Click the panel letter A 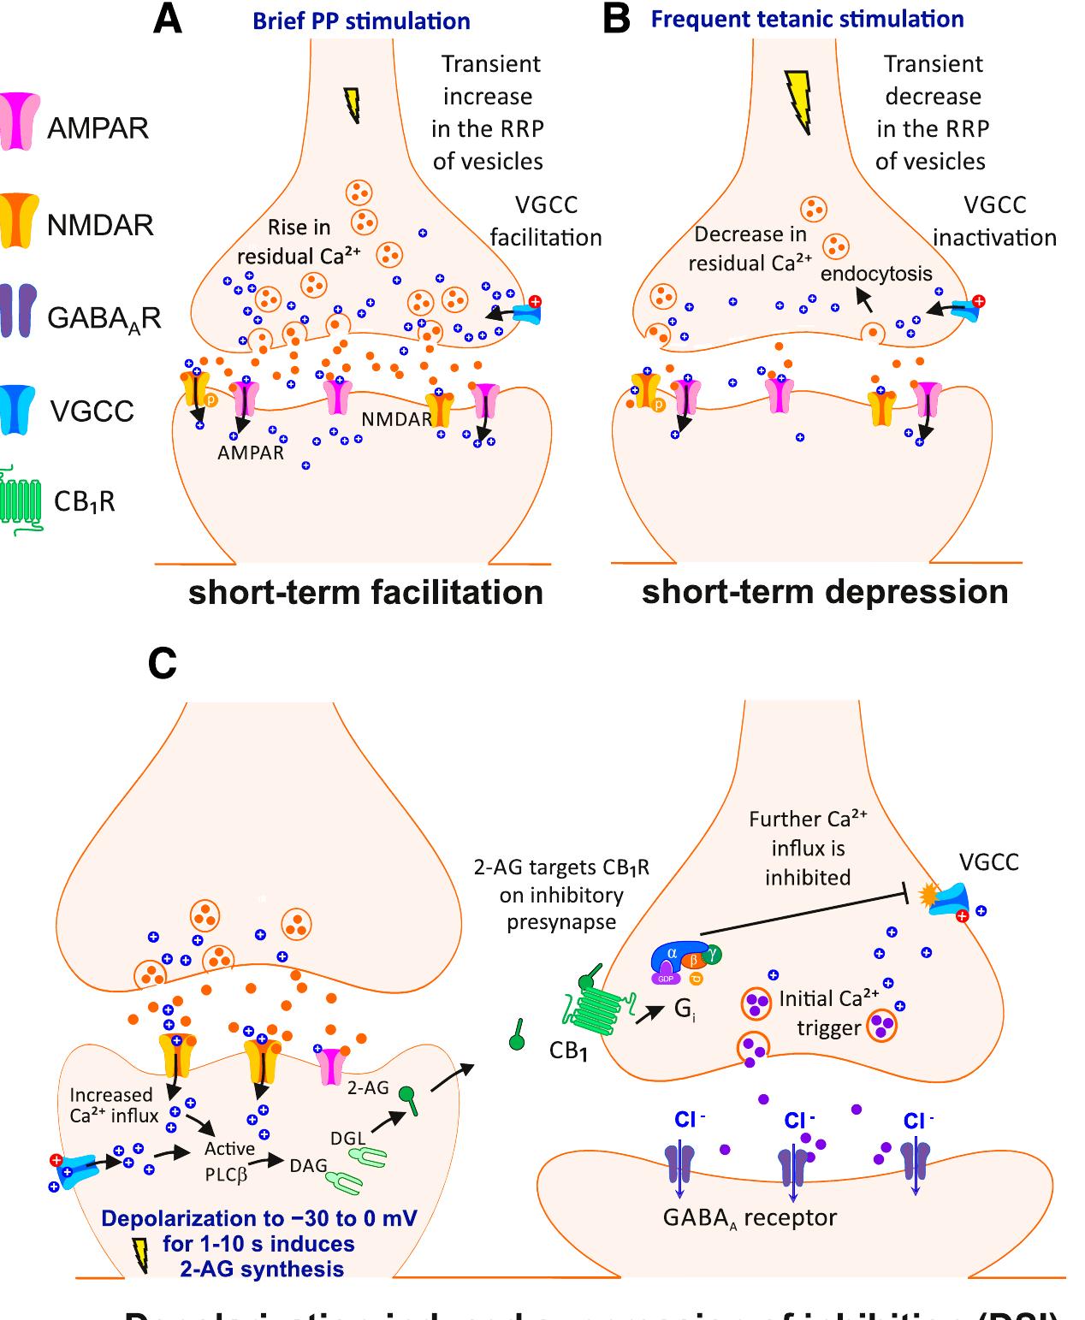(168, 19)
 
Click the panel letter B (616, 19)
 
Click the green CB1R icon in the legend (22, 501)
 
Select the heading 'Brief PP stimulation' (361, 21)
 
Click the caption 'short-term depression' (825, 592)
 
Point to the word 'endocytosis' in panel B (875, 274)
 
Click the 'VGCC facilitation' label (546, 221)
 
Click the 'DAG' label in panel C (308, 1165)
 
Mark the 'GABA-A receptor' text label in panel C (750, 1217)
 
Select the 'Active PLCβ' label (229, 1161)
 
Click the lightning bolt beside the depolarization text (139, 1254)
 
